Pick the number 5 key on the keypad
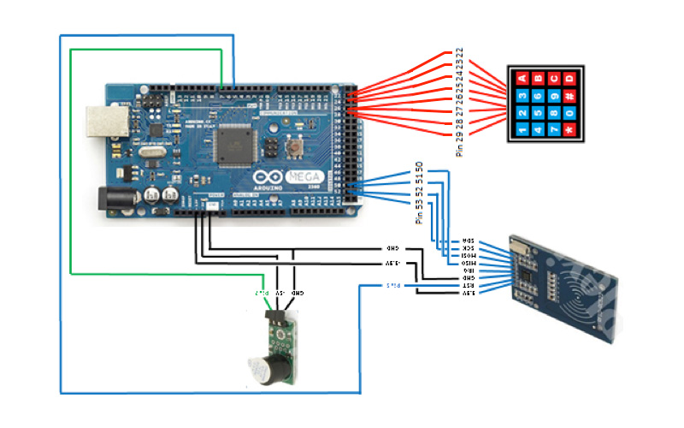pyautogui.click(x=537, y=113)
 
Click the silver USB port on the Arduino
pyautogui.click(x=105, y=123)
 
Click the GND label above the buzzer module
pyautogui.click(x=295, y=294)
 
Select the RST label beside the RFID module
pyautogui.click(x=469, y=285)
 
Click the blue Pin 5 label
pyautogui.click(x=392, y=285)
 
